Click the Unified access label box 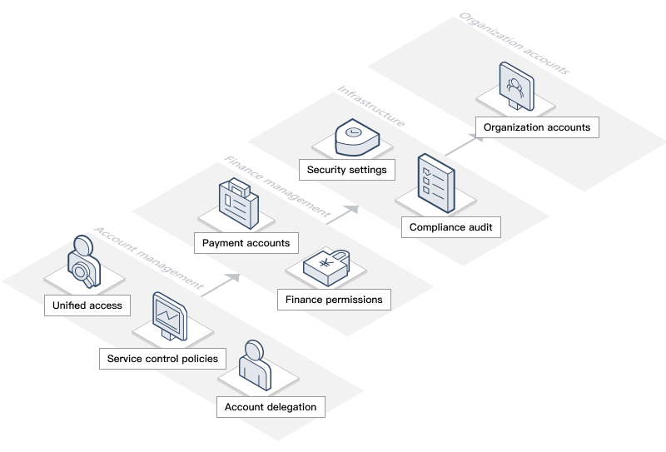click(87, 305)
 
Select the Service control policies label click(162, 359)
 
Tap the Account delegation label click(271, 407)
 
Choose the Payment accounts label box click(246, 243)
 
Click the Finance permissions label click(334, 300)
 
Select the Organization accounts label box click(537, 127)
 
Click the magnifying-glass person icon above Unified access click(83, 262)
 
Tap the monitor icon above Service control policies click(171, 317)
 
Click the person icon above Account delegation click(255, 365)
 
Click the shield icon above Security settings click(355, 137)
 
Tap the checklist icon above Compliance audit click(436, 181)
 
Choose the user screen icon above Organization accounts click(515, 86)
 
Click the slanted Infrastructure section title click(370, 106)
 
